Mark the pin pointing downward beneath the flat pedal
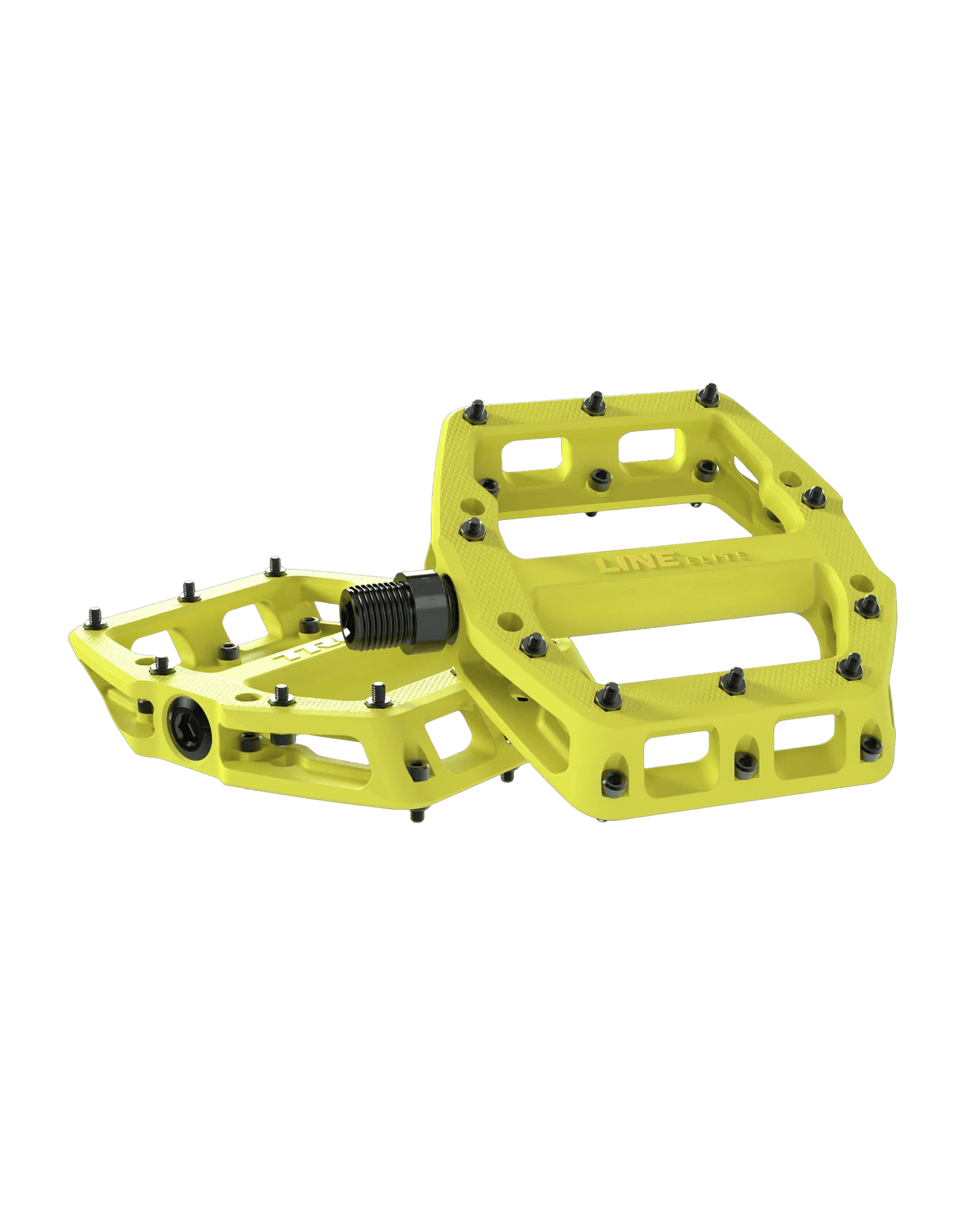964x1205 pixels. (416, 814)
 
